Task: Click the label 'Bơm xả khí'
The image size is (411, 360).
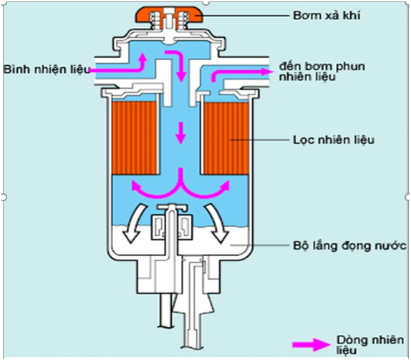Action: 327,16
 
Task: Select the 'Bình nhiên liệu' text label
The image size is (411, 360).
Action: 47,69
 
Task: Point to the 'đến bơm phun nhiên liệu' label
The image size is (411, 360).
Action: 322,72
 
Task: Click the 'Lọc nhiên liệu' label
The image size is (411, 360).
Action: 334,140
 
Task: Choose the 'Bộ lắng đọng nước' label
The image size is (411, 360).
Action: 349,245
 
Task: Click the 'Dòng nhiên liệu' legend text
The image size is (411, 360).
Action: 370,345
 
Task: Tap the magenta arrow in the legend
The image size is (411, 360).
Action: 311,345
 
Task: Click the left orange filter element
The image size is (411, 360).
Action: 135,138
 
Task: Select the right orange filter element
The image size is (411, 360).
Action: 226,138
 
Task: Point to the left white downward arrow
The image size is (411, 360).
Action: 134,223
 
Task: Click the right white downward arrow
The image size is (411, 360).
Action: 216,223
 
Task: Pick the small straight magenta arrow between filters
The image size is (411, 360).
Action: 180,133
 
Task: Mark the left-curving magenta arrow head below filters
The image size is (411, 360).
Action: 136,185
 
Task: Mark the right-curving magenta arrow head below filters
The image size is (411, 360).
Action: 225,185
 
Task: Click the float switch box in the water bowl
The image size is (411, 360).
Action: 172,227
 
